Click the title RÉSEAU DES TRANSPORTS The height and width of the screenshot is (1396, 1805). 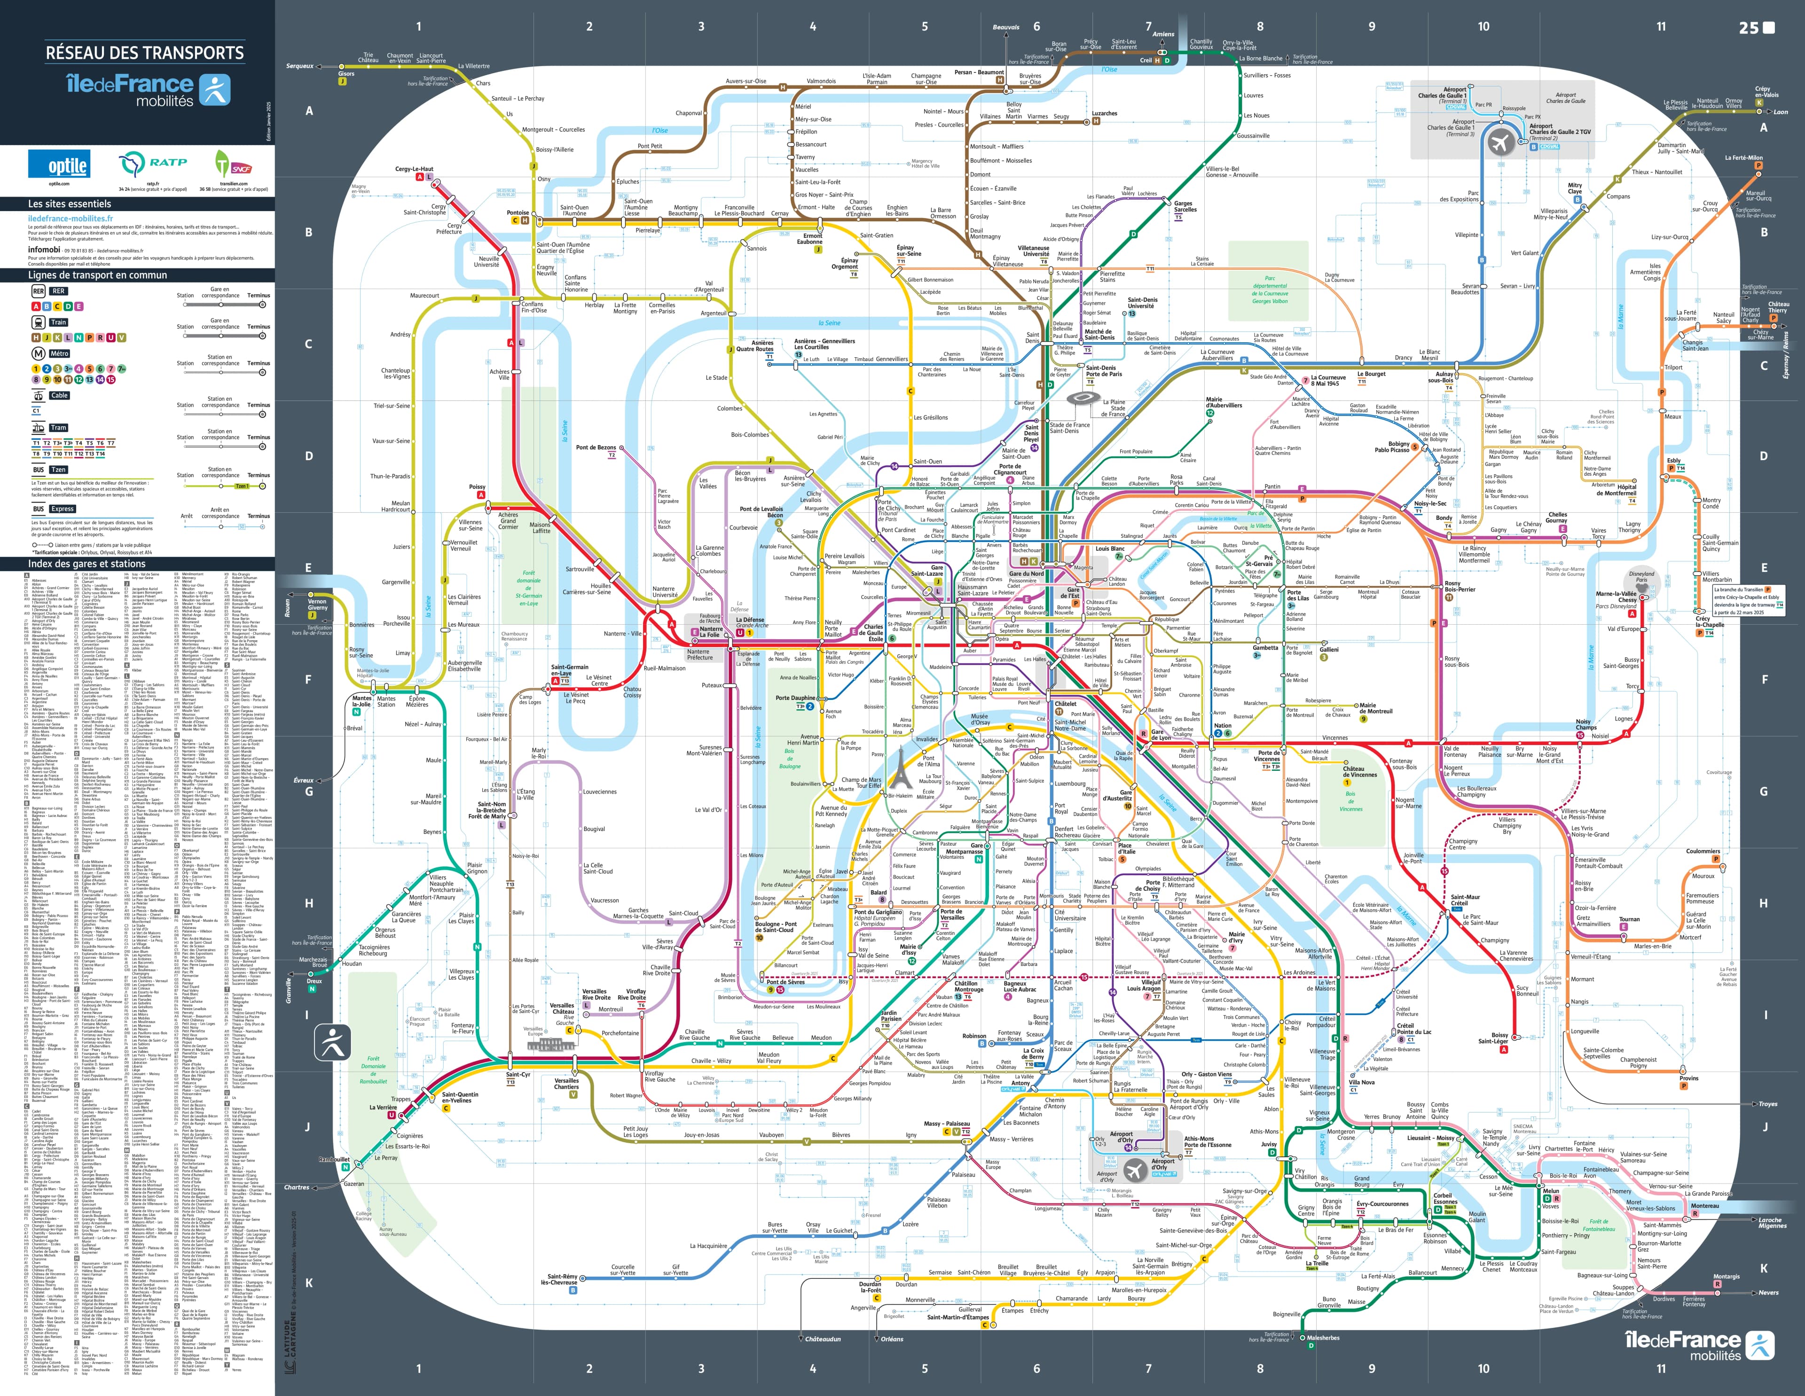click(145, 53)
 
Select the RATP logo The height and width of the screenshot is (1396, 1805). click(153, 164)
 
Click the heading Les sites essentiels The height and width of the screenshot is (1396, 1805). click(70, 204)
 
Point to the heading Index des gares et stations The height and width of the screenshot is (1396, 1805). click(87, 564)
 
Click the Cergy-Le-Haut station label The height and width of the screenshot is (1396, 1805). click(414, 169)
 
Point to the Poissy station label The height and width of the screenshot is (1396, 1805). click(477, 487)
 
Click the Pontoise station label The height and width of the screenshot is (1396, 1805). click(518, 212)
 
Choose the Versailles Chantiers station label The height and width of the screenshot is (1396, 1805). click(566, 1083)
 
